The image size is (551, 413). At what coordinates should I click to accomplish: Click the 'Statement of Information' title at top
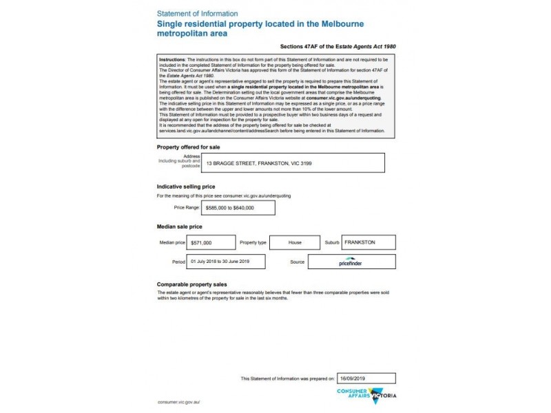[x=198, y=14]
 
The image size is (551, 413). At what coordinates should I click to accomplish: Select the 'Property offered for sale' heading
[x=189, y=147]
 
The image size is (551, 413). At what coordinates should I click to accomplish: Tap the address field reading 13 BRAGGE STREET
[x=293, y=162]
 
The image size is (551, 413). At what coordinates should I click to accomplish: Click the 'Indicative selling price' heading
[x=186, y=187]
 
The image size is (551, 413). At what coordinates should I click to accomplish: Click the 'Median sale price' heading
[x=180, y=226]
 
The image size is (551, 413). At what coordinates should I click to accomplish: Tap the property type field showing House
[x=295, y=243]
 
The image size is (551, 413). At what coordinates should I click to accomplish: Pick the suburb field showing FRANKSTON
[x=368, y=242]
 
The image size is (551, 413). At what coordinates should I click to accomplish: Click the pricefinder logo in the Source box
[x=351, y=262]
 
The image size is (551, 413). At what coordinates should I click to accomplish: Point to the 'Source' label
[x=298, y=262]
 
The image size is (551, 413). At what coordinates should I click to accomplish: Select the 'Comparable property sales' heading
[x=192, y=284]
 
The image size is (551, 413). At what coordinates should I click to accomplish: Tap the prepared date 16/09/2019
[x=367, y=378]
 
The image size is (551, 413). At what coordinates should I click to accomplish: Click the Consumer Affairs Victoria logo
[x=367, y=395]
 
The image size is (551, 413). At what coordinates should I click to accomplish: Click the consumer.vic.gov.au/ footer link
[x=178, y=401]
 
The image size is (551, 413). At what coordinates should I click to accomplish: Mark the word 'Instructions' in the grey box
[x=172, y=60]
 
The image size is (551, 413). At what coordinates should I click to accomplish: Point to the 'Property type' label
[x=253, y=243]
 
